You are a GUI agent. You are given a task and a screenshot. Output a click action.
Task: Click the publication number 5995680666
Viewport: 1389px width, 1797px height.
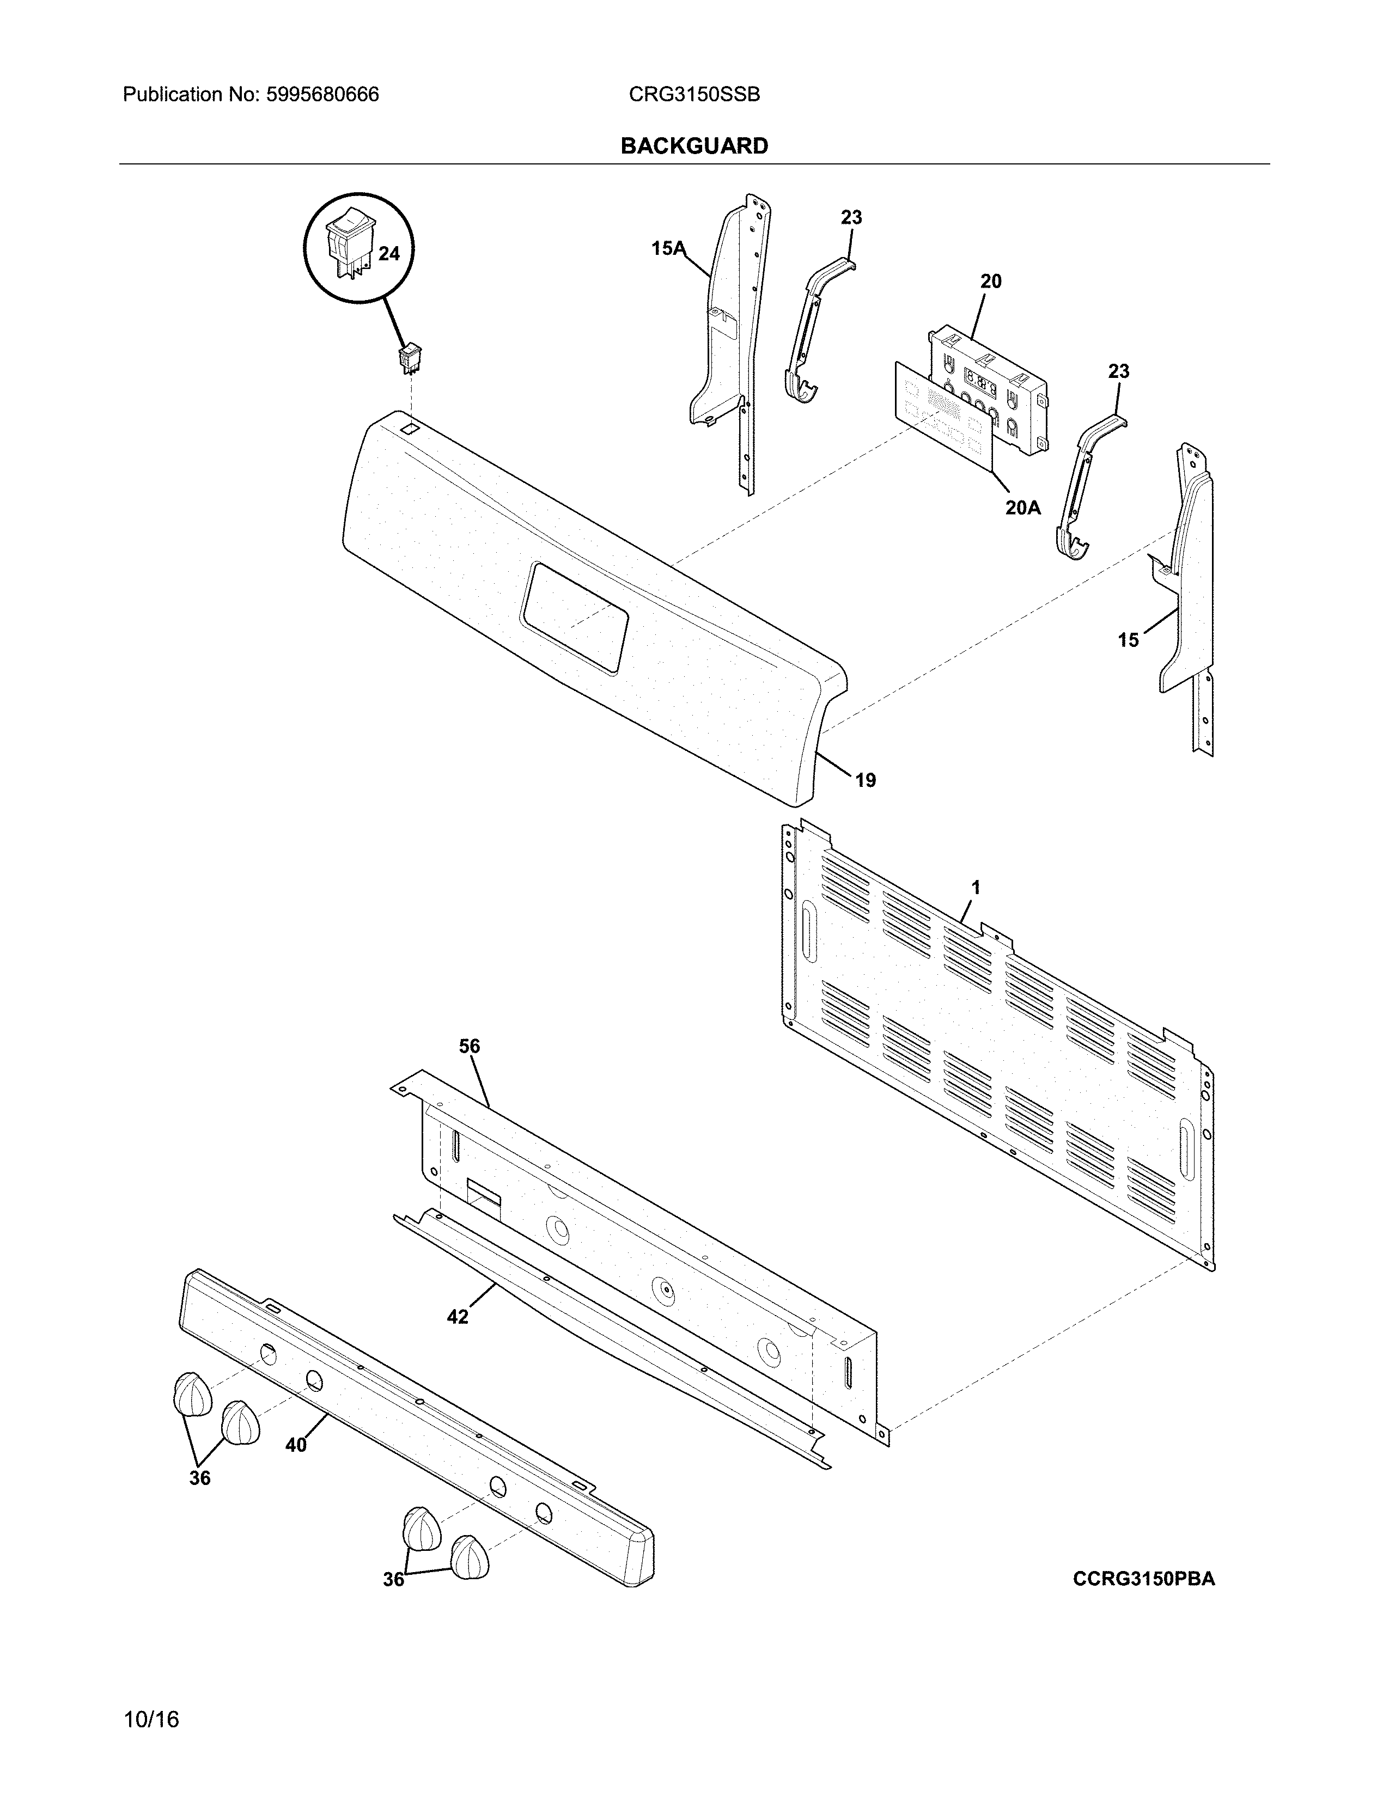click(x=322, y=95)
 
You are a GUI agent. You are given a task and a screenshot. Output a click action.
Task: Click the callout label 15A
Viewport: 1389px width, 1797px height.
click(x=668, y=248)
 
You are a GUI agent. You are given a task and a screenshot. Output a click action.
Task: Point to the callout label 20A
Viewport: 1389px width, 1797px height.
click(x=1023, y=508)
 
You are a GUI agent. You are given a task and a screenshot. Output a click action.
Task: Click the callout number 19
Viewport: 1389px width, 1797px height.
click(x=865, y=779)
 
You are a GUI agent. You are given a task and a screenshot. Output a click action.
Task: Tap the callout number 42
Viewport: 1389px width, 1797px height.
click(x=458, y=1317)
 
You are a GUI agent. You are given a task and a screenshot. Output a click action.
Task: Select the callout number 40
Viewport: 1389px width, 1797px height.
click(x=296, y=1445)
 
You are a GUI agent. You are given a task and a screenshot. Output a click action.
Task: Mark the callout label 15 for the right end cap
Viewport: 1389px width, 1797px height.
click(x=1128, y=639)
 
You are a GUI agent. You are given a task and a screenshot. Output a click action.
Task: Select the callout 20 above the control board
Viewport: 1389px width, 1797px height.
click(x=991, y=282)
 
